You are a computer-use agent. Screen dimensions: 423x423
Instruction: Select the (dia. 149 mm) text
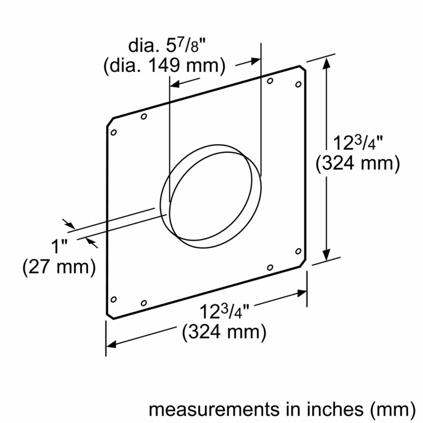(165, 66)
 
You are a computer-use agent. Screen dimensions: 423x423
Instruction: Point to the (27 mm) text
(59, 267)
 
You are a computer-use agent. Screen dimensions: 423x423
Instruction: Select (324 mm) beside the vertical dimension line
(357, 164)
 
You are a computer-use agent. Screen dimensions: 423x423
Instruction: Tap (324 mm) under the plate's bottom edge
(224, 332)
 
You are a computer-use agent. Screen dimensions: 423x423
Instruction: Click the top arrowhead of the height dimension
(326, 63)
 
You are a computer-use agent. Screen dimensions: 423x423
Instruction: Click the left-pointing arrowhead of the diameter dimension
(175, 84)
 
